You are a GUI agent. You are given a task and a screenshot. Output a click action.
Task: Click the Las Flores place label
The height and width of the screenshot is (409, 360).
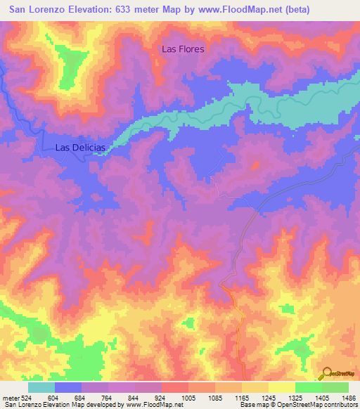click(183, 49)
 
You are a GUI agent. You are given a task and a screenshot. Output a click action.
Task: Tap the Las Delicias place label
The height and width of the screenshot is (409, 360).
click(80, 148)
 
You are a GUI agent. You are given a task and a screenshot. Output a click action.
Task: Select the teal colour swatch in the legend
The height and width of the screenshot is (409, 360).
click(41, 387)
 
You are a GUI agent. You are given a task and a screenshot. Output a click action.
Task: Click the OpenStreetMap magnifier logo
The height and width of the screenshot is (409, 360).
click(326, 373)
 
